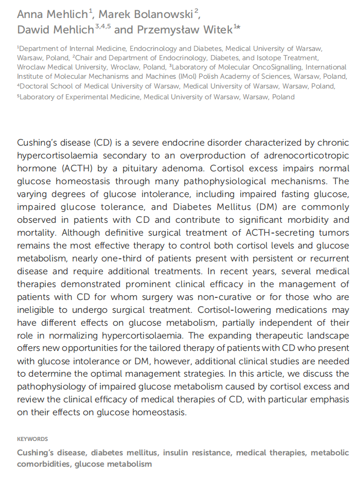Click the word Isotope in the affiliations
(275, 58)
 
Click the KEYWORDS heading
(32, 439)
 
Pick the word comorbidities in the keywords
(44, 464)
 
